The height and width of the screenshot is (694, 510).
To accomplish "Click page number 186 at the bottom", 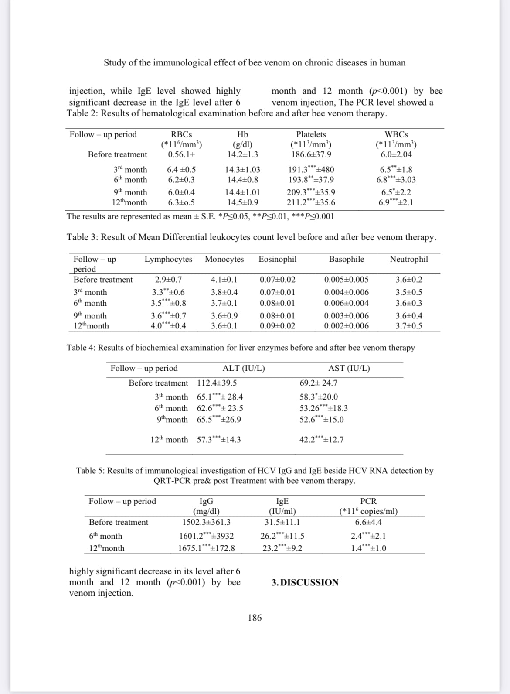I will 255,617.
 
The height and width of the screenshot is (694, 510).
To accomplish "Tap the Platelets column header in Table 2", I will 311,134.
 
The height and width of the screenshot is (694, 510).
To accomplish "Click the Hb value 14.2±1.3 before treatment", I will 243,154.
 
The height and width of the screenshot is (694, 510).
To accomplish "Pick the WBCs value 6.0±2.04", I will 396,154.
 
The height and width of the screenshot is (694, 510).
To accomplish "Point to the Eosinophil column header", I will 277,259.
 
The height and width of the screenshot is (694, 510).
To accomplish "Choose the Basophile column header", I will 346,259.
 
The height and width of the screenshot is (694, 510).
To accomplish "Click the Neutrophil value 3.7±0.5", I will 408,326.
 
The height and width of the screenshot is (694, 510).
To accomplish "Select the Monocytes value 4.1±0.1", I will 224,280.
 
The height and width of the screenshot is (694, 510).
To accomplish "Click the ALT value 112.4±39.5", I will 217,383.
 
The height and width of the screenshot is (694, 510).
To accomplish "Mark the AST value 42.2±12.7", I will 321,440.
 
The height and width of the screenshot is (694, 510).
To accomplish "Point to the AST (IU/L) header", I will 349,368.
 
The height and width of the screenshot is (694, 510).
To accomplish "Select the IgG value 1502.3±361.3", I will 206,522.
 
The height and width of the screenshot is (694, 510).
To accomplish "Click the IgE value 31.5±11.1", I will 282,522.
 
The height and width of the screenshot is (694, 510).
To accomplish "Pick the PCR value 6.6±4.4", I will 368,522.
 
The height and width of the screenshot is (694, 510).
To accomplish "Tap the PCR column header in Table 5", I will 368,501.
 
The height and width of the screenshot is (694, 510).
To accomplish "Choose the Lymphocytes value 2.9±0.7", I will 168,280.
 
